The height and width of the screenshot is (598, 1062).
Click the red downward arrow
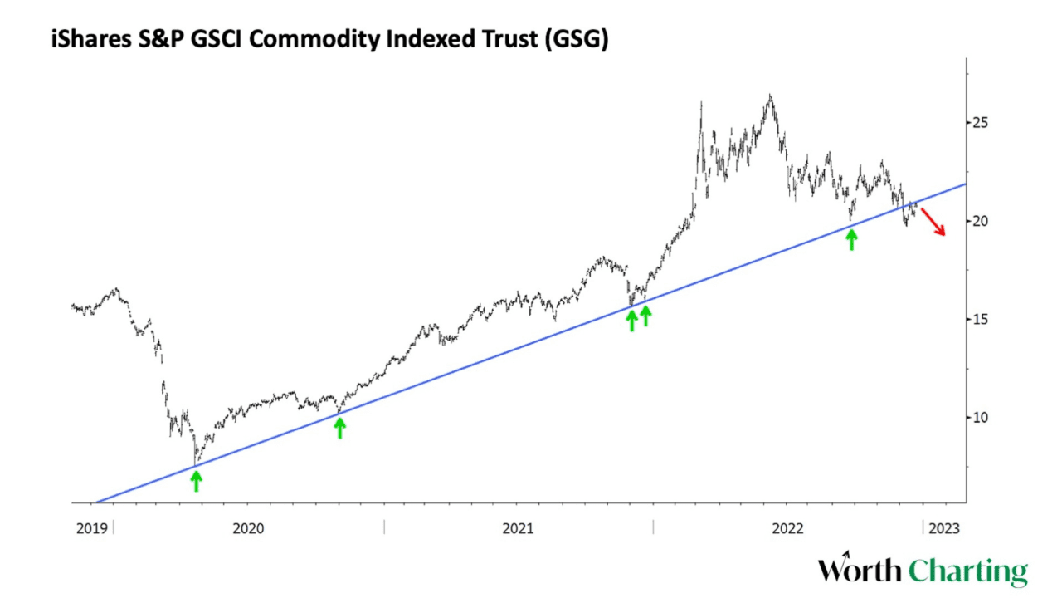(933, 221)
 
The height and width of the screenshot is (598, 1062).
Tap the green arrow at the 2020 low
(196, 480)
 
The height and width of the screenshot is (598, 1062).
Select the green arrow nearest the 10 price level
(339, 427)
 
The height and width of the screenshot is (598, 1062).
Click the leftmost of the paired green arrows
(631, 319)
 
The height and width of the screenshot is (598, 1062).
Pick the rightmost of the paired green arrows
(645, 315)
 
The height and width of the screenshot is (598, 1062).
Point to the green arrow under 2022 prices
(851, 239)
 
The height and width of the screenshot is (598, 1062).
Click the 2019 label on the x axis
(90, 527)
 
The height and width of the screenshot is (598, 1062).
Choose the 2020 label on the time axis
(248, 527)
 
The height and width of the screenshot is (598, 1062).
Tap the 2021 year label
(518, 527)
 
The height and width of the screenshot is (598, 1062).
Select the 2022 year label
(787, 527)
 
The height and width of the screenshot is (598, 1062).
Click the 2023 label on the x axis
(945, 527)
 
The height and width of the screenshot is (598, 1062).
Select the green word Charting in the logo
(967, 572)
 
